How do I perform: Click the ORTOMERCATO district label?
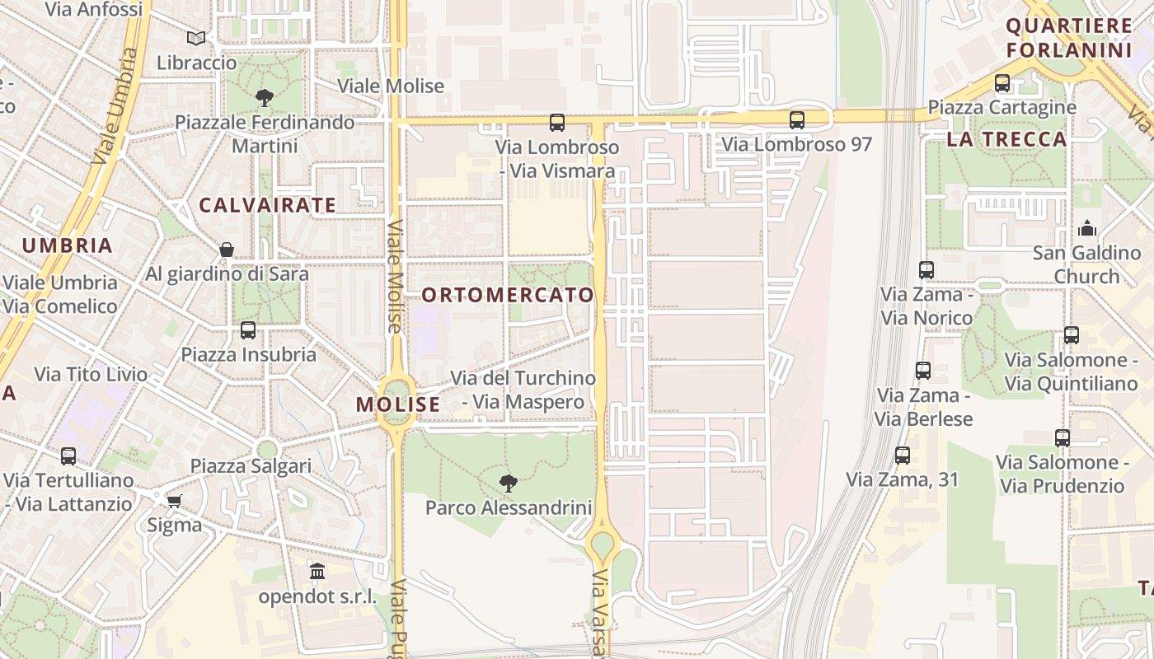508,295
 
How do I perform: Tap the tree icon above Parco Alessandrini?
509,483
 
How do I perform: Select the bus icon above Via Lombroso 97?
796,120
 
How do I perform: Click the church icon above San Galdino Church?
1087,228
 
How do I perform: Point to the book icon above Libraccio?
196,38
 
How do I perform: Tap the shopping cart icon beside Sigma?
174,501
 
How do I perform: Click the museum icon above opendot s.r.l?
317,571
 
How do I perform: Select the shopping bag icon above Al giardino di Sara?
227,250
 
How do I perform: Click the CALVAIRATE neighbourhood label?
268,205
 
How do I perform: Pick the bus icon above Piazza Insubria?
248,330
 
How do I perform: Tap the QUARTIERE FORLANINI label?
1069,38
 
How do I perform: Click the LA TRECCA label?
1006,139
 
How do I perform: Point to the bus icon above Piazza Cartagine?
1002,83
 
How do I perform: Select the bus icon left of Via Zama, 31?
903,456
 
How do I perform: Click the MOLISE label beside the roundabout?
398,404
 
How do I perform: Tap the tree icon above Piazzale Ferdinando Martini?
265,98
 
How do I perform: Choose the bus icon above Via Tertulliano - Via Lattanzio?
68,456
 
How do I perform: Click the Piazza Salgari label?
251,466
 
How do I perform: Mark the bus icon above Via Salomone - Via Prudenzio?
1062,438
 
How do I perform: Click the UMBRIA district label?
68,245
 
